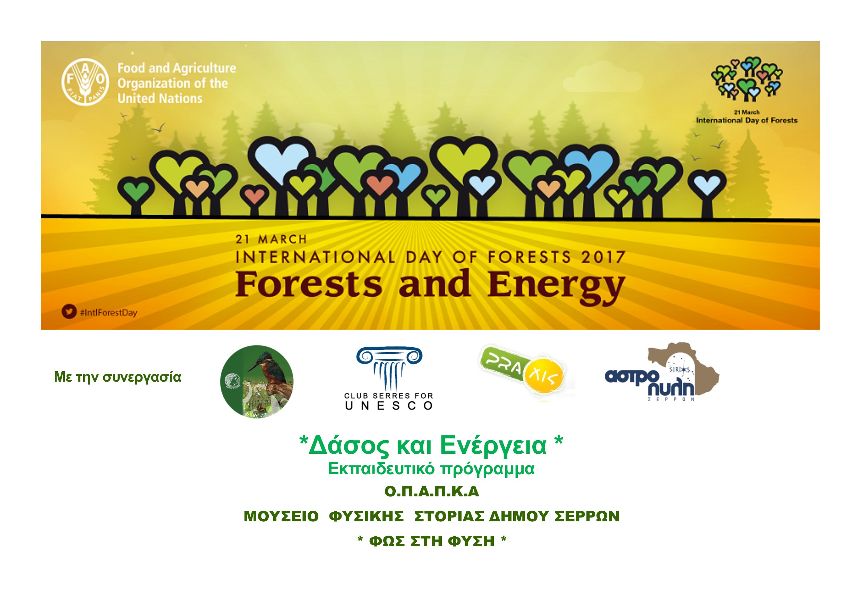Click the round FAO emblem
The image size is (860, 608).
[85, 82]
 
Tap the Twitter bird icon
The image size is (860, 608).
[69, 312]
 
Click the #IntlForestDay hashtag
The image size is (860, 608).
[109, 313]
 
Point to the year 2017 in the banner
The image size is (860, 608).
[603, 257]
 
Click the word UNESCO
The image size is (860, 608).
[389, 406]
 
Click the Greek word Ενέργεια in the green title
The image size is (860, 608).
[493, 445]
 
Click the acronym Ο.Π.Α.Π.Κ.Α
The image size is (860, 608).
[432, 492]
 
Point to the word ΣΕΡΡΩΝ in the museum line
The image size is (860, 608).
[587, 516]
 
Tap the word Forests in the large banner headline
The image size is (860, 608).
[309, 284]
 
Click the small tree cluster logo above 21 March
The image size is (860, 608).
[747, 79]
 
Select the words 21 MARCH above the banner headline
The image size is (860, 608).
[271, 239]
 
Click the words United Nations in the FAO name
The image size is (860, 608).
[160, 98]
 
